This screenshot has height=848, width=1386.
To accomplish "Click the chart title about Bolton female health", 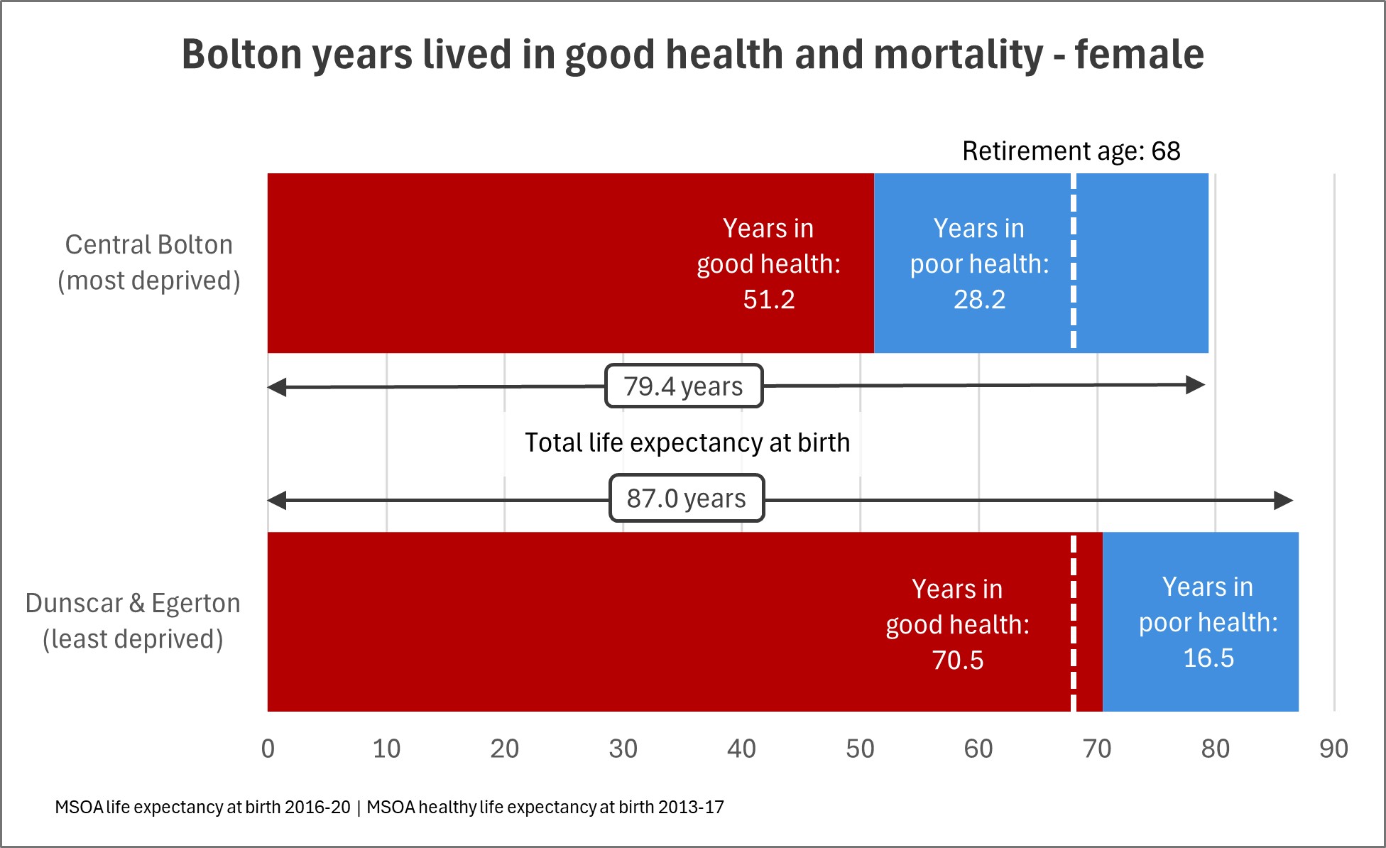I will click(692, 55).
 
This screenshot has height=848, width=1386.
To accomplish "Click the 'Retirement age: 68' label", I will click(1071, 151).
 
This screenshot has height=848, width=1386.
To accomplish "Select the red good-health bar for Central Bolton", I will click(497, 263).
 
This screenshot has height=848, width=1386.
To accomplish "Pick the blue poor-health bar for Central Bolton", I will click(1143, 263).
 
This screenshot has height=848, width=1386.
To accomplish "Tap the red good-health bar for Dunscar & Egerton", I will click(568, 621).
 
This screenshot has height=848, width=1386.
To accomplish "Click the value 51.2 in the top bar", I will click(769, 300).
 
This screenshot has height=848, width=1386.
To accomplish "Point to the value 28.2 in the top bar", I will click(979, 300).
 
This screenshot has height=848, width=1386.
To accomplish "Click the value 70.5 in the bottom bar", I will click(958, 661).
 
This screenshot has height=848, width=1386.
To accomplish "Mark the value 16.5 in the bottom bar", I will click(1208, 658).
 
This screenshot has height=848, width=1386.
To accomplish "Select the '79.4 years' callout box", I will click(684, 386).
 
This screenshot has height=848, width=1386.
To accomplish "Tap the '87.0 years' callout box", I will click(687, 499).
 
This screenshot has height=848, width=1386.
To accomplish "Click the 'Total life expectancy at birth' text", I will click(687, 442).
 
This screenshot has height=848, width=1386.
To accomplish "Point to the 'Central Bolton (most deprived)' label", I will click(149, 263).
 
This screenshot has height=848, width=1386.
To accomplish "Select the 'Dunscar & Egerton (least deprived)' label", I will click(133, 621).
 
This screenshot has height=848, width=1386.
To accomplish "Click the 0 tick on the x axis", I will click(268, 749).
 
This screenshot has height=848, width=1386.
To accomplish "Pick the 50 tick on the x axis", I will click(860, 749).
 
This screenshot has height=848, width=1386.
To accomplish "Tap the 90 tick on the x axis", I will click(1333, 749).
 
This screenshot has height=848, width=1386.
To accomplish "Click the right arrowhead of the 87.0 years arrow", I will click(1284, 501).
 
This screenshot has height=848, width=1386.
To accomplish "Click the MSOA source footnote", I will click(389, 808).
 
